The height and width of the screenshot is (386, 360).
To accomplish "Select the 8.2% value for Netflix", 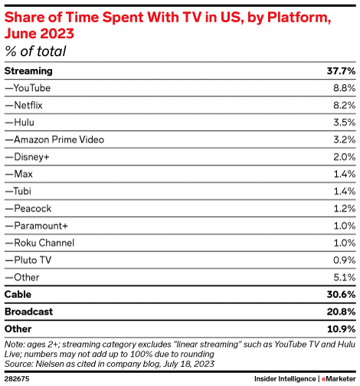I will click(x=342, y=105).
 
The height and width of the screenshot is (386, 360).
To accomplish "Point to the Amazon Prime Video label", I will click(x=54, y=139).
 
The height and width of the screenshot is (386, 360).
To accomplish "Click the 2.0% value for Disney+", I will click(x=342, y=157).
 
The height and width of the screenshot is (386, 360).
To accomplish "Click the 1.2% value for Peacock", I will click(x=342, y=208).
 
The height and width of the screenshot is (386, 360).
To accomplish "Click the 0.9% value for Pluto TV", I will click(x=342, y=260).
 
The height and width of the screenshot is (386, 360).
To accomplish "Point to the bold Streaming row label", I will click(x=28, y=70).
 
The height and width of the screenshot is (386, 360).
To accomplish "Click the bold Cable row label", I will click(x=18, y=294).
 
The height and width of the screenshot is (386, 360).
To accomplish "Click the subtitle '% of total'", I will click(x=35, y=51).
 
